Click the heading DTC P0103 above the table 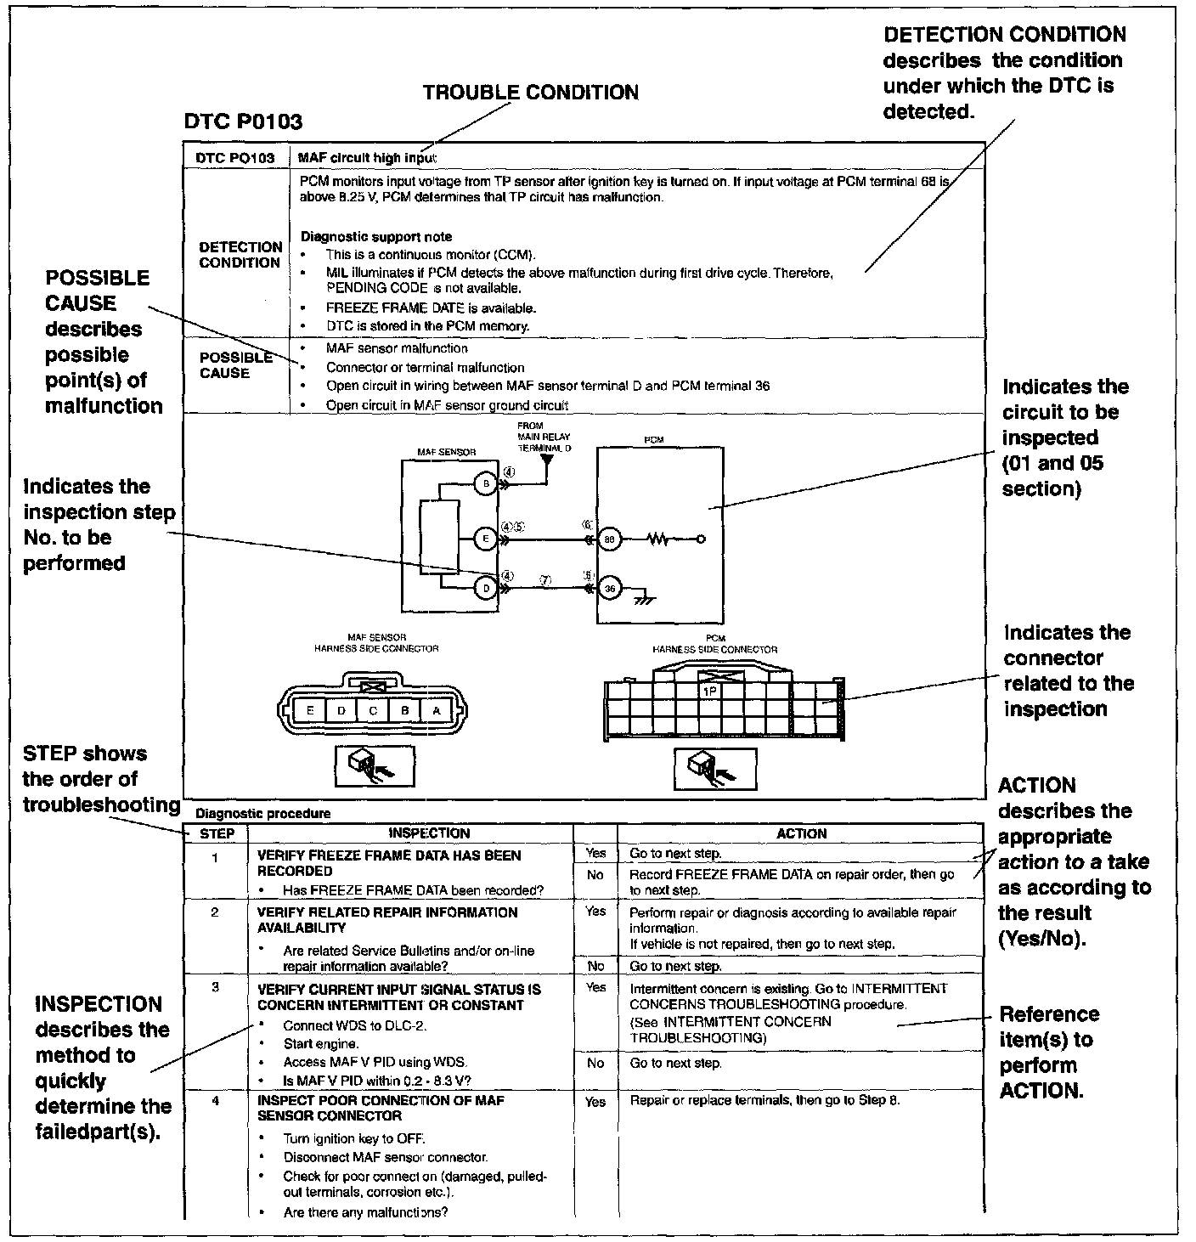pyautogui.click(x=243, y=122)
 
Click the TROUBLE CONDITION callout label pyautogui.click(x=531, y=93)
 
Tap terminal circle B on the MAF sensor pyautogui.click(x=485, y=484)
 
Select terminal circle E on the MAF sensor pyautogui.click(x=485, y=538)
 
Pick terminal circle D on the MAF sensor pyautogui.click(x=485, y=588)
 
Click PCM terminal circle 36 pyautogui.click(x=609, y=588)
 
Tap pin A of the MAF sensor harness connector pyautogui.click(x=437, y=710)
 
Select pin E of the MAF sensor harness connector pyautogui.click(x=310, y=710)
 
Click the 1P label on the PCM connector pyautogui.click(x=710, y=692)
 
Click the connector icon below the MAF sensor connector pyautogui.click(x=375, y=765)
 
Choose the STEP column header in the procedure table pyautogui.click(x=217, y=833)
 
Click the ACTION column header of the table pyautogui.click(x=801, y=833)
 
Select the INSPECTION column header pyautogui.click(x=429, y=833)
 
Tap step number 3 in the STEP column pyautogui.click(x=216, y=987)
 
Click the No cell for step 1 pyautogui.click(x=595, y=875)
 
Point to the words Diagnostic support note pyautogui.click(x=376, y=237)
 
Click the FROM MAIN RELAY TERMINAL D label pyautogui.click(x=544, y=437)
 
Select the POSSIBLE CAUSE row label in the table pyautogui.click(x=235, y=365)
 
